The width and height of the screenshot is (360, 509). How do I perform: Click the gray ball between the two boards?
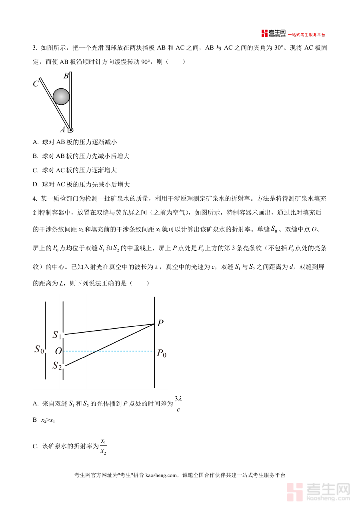(61, 96)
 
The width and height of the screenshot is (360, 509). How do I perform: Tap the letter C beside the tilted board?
(36, 84)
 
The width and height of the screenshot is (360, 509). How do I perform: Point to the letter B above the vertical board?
(66, 76)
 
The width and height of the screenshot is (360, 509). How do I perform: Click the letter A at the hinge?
(62, 130)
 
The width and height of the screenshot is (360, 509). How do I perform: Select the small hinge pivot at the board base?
(71, 130)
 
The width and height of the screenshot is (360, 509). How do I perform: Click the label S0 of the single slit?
(39, 349)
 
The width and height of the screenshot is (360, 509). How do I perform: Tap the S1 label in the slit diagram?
(57, 335)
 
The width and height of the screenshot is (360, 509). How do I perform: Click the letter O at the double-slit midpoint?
(58, 351)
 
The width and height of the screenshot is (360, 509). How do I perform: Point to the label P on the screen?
(160, 323)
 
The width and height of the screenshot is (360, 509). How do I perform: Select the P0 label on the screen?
(161, 353)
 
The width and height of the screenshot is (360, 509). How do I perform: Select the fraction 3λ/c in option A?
(178, 404)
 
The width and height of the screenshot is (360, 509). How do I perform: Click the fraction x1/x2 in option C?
(103, 447)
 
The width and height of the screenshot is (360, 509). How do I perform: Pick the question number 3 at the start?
(34, 48)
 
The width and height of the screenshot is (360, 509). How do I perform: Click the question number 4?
(34, 198)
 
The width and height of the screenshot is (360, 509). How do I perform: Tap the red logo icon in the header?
(264, 34)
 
